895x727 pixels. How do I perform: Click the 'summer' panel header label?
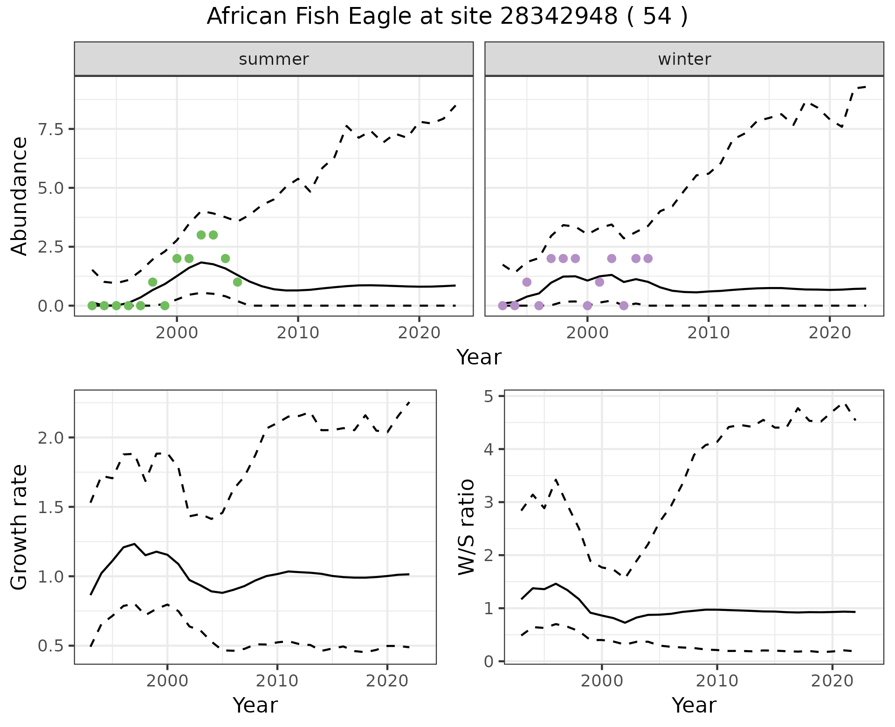(274, 59)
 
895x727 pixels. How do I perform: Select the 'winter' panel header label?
(684, 59)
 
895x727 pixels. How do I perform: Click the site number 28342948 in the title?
(559, 17)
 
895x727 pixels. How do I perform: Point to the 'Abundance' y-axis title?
(20, 196)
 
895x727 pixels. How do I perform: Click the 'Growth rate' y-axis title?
(20, 527)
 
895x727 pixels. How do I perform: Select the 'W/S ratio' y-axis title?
(466, 527)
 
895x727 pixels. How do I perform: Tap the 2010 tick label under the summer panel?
(298, 333)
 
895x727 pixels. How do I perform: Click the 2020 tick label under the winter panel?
(830, 333)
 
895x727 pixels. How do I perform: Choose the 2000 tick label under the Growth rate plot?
(167, 681)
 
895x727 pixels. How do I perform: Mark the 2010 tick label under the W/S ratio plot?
(717, 681)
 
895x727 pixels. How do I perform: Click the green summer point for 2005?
(237, 282)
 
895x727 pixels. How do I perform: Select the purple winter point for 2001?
(599, 282)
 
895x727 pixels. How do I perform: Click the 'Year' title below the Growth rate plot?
(255, 706)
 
